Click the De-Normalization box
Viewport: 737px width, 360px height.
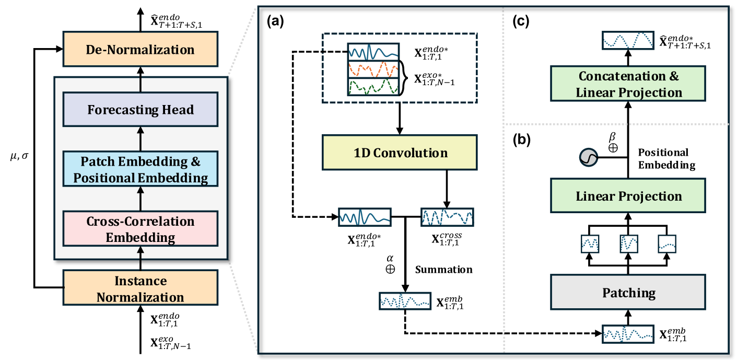click(x=140, y=50)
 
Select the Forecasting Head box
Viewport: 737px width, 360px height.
click(x=140, y=110)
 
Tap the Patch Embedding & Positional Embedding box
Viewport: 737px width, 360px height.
click(x=140, y=169)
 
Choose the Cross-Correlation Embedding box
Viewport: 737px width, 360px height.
click(x=140, y=229)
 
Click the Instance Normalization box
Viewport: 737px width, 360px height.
click(x=140, y=289)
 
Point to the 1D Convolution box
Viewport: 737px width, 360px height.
click(x=400, y=153)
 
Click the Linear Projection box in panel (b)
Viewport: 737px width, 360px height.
click(x=629, y=196)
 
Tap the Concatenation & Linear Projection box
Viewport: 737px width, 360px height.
click(x=629, y=85)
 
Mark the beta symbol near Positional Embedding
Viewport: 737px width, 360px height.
click(x=613, y=137)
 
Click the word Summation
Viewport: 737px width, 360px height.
click(x=444, y=270)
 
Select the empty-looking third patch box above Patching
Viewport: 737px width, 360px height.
click(x=667, y=243)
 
